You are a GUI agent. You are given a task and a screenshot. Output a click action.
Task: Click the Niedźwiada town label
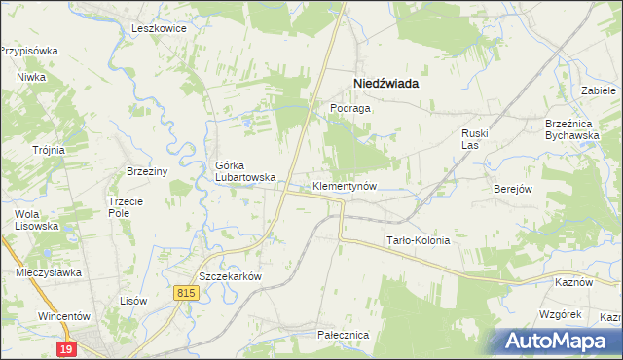coord(385,84)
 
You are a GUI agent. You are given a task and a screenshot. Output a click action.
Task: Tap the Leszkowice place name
coord(159,28)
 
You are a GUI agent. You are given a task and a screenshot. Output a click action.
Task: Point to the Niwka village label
coord(31,77)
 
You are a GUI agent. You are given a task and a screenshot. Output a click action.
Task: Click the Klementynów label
coord(344,185)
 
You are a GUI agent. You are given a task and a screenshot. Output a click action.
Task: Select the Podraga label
coord(350,109)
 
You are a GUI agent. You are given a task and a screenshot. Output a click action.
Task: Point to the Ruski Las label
coord(478,138)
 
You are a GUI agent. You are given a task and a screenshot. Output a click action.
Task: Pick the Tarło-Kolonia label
coord(419,240)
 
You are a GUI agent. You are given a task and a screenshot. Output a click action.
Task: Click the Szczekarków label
coord(231,275)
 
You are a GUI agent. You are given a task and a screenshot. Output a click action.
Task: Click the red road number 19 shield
coord(66,348)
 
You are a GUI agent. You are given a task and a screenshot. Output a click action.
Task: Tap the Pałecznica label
coord(343,334)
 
